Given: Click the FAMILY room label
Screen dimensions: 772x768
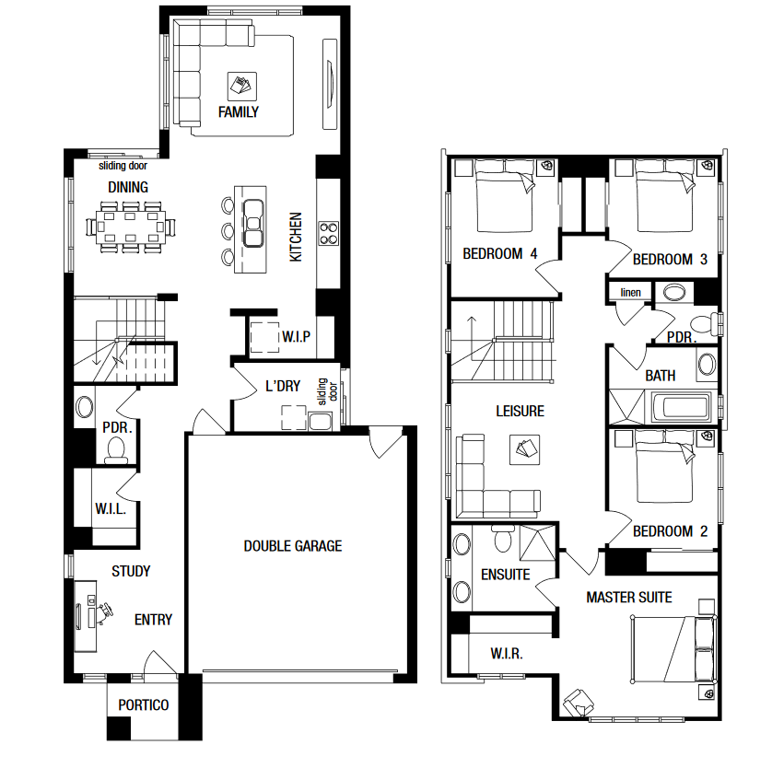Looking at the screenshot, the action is pos(239,112).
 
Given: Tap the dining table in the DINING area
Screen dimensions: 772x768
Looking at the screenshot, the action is pos(131,227).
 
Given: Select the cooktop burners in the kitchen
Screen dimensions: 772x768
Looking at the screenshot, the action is pos(328,233).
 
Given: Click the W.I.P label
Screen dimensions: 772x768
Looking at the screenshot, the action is pos(296,337).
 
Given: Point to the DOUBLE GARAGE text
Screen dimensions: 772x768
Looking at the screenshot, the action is pos(292,546).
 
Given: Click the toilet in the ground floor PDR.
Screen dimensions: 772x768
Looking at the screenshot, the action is pos(116,450).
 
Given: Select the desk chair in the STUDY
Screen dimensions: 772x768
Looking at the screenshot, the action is pos(105,612).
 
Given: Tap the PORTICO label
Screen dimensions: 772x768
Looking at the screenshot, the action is pos(144,705).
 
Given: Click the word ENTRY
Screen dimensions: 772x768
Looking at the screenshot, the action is pos(153,620).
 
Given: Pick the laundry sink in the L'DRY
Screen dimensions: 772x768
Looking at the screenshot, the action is pos(320,422).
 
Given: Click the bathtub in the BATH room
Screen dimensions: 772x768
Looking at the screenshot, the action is pos(681,407).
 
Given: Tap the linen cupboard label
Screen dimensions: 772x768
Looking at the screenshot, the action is pos(631,293).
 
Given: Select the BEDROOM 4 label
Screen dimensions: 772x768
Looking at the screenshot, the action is pos(499,254).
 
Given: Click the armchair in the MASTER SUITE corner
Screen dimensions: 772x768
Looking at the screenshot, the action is pos(579,702).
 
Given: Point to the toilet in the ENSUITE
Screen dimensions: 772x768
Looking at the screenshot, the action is pos(503,539).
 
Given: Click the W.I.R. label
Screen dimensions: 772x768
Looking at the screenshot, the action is pos(506,654).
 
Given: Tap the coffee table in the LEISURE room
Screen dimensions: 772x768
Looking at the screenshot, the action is pos(525,449).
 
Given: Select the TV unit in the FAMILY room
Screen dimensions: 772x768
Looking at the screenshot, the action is pos(330,84).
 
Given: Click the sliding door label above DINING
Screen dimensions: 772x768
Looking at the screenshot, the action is pos(123,166).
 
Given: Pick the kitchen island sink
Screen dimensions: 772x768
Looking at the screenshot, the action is pos(253,223).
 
